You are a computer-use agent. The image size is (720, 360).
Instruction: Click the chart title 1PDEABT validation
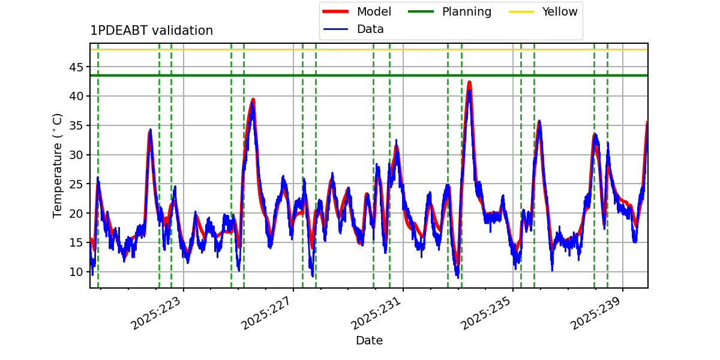pyautogui.click(x=151, y=31)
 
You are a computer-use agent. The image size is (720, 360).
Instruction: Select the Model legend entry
pyautogui.click(x=357, y=11)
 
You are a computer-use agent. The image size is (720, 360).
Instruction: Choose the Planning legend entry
pyautogui.click(x=449, y=11)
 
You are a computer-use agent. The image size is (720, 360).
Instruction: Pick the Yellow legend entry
pyautogui.click(x=543, y=11)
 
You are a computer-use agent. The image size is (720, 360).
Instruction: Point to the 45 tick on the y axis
pyautogui.click(x=76, y=67)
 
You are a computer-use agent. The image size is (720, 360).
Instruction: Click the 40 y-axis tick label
pyautogui.click(x=76, y=96)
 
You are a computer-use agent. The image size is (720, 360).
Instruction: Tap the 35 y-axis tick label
pyautogui.click(x=76, y=125)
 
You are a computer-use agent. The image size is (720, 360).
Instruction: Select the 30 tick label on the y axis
pyautogui.click(x=76, y=155)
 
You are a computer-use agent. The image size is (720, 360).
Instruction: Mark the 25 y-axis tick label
pyautogui.click(x=76, y=184)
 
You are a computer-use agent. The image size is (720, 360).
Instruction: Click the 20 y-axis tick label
pyautogui.click(x=76, y=213)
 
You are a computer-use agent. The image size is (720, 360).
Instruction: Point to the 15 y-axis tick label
pyautogui.click(x=76, y=242)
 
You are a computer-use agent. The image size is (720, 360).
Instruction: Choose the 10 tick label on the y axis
pyautogui.click(x=76, y=272)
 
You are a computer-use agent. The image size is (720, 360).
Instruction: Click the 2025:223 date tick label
pyautogui.click(x=156, y=313)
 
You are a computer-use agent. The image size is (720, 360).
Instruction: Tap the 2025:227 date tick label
pyautogui.click(x=266, y=313)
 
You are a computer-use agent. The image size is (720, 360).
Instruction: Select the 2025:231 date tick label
pyautogui.click(x=376, y=313)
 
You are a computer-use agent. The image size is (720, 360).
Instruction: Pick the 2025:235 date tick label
pyautogui.click(x=486, y=313)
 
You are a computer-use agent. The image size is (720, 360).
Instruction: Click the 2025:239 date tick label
pyautogui.click(x=596, y=313)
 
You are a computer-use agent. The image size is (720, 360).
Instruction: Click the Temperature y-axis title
pyautogui.click(x=57, y=166)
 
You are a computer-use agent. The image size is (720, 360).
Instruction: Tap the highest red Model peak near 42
pyautogui.click(x=470, y=83)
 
